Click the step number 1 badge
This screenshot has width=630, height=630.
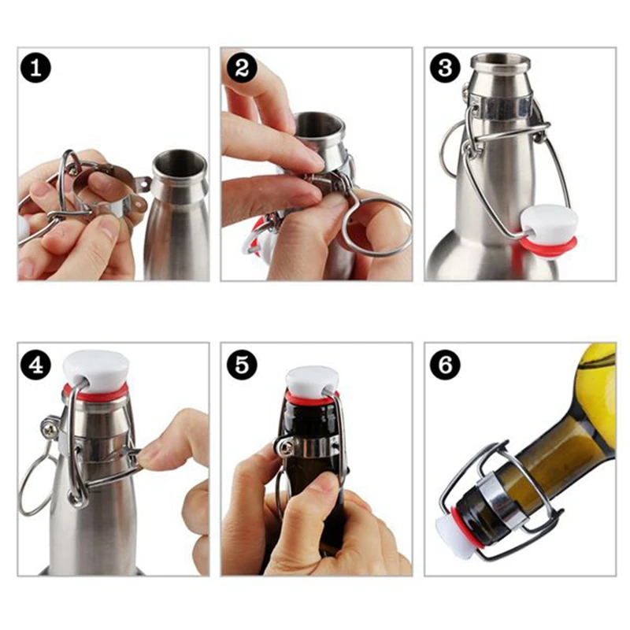pos(36,68)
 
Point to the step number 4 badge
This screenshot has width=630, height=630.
pos(36,365)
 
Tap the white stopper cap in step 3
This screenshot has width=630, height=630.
pos(550,222)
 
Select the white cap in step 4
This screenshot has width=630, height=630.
pos(96,368)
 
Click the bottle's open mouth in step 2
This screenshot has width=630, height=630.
pos(319,125)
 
